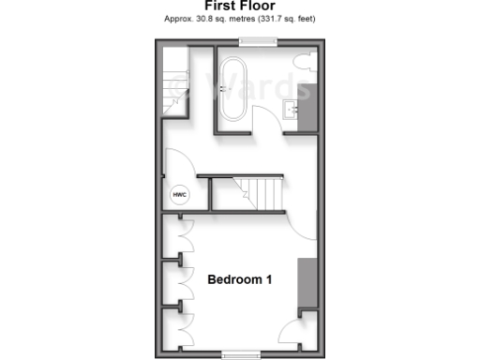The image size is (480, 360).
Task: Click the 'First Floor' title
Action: click(240, 6)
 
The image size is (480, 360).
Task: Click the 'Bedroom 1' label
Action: click(240, 278)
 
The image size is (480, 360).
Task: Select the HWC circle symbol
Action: click(179, 194)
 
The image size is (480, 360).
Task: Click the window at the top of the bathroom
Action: click(258, 40)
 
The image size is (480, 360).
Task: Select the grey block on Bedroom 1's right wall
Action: click(307, 282)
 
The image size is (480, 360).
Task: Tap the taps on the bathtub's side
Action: click(222, 90)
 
